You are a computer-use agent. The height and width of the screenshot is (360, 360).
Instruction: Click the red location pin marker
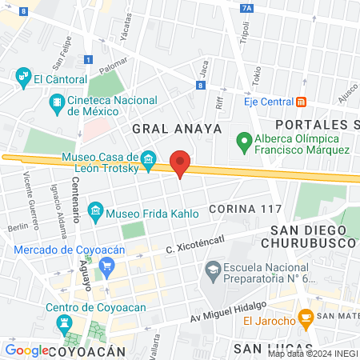coord(181,163)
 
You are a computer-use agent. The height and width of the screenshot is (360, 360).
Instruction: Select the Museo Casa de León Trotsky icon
coord(148,162)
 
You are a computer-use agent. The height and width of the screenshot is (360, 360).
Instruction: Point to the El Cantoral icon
coord(23,78)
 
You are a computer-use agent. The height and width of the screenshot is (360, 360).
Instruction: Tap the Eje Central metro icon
coord(302,101)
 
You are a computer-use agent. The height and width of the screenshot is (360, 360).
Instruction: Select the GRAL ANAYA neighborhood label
coord(164,128)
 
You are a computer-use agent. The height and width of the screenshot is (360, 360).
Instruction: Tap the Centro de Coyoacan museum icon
coord(64,322)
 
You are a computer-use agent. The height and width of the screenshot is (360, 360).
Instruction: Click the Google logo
coord(27,350)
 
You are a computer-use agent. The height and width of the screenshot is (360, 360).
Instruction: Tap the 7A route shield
coord(246,8)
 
